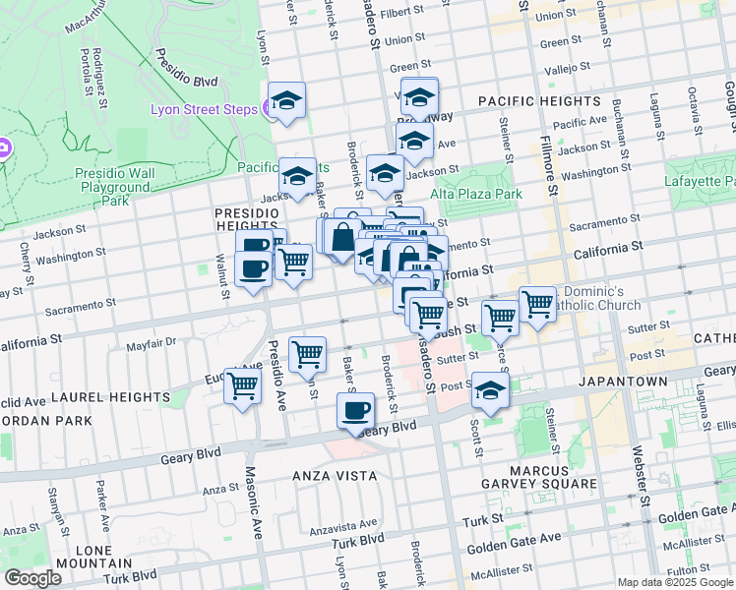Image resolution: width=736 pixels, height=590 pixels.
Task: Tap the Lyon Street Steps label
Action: (205, 108)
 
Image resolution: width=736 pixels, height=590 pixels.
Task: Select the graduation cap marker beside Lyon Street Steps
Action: (286, 100)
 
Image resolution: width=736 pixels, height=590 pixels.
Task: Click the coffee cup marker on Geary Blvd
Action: (355, 411)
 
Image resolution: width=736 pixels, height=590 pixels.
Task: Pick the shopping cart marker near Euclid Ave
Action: (242, 385)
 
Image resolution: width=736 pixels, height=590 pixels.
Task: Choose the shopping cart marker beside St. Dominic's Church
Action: (536, 304)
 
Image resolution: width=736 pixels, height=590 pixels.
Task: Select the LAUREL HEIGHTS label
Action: (110, 397)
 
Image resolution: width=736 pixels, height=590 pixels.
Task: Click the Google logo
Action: (32, 577)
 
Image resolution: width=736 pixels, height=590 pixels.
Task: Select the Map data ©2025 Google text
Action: (676, 582)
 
